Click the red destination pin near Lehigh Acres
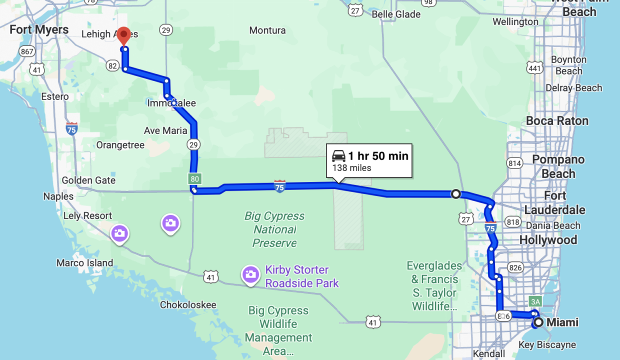[124, 36]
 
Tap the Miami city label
[562, 322]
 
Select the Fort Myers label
[39, 30]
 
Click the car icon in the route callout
[339, 156]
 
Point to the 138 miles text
[351, 168]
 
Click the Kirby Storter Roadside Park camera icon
[250, 274]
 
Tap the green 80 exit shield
[194, 178]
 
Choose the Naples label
[58, 196]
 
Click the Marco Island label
[84, 263]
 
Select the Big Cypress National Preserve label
[274, 229]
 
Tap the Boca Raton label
[557, 121]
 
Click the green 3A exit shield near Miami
[535, 301]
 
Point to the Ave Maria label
[165, 131]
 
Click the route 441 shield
[534, 67]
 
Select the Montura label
[267, 30]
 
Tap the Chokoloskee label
[188, 305]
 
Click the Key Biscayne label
[547, 345]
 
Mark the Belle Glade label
[396, 14]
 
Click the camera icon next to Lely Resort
[119, 233]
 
